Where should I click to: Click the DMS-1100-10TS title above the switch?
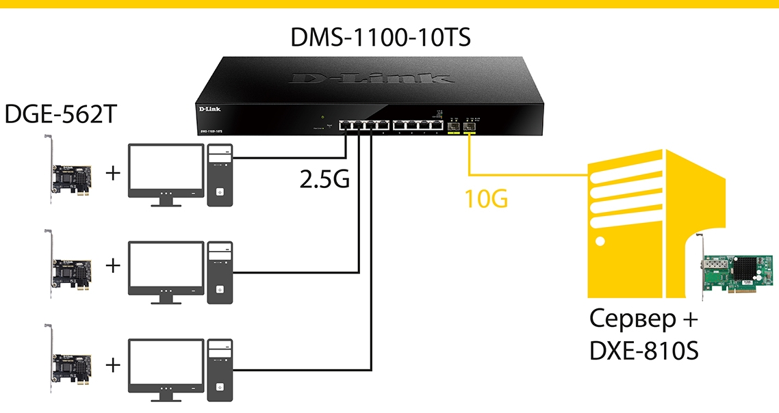(x=381, y=36)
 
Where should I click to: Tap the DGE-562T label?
(x=60, y=114)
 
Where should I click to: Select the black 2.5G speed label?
(x=324, y=178)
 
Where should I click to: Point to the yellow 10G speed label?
(x=486, y=200)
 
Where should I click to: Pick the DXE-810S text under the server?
(x=643, y=351)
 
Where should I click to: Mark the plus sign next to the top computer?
(x=113, y=174)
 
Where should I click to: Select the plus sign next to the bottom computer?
(x=113, y=364)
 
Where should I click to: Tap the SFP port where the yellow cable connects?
(x=470, y=126)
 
